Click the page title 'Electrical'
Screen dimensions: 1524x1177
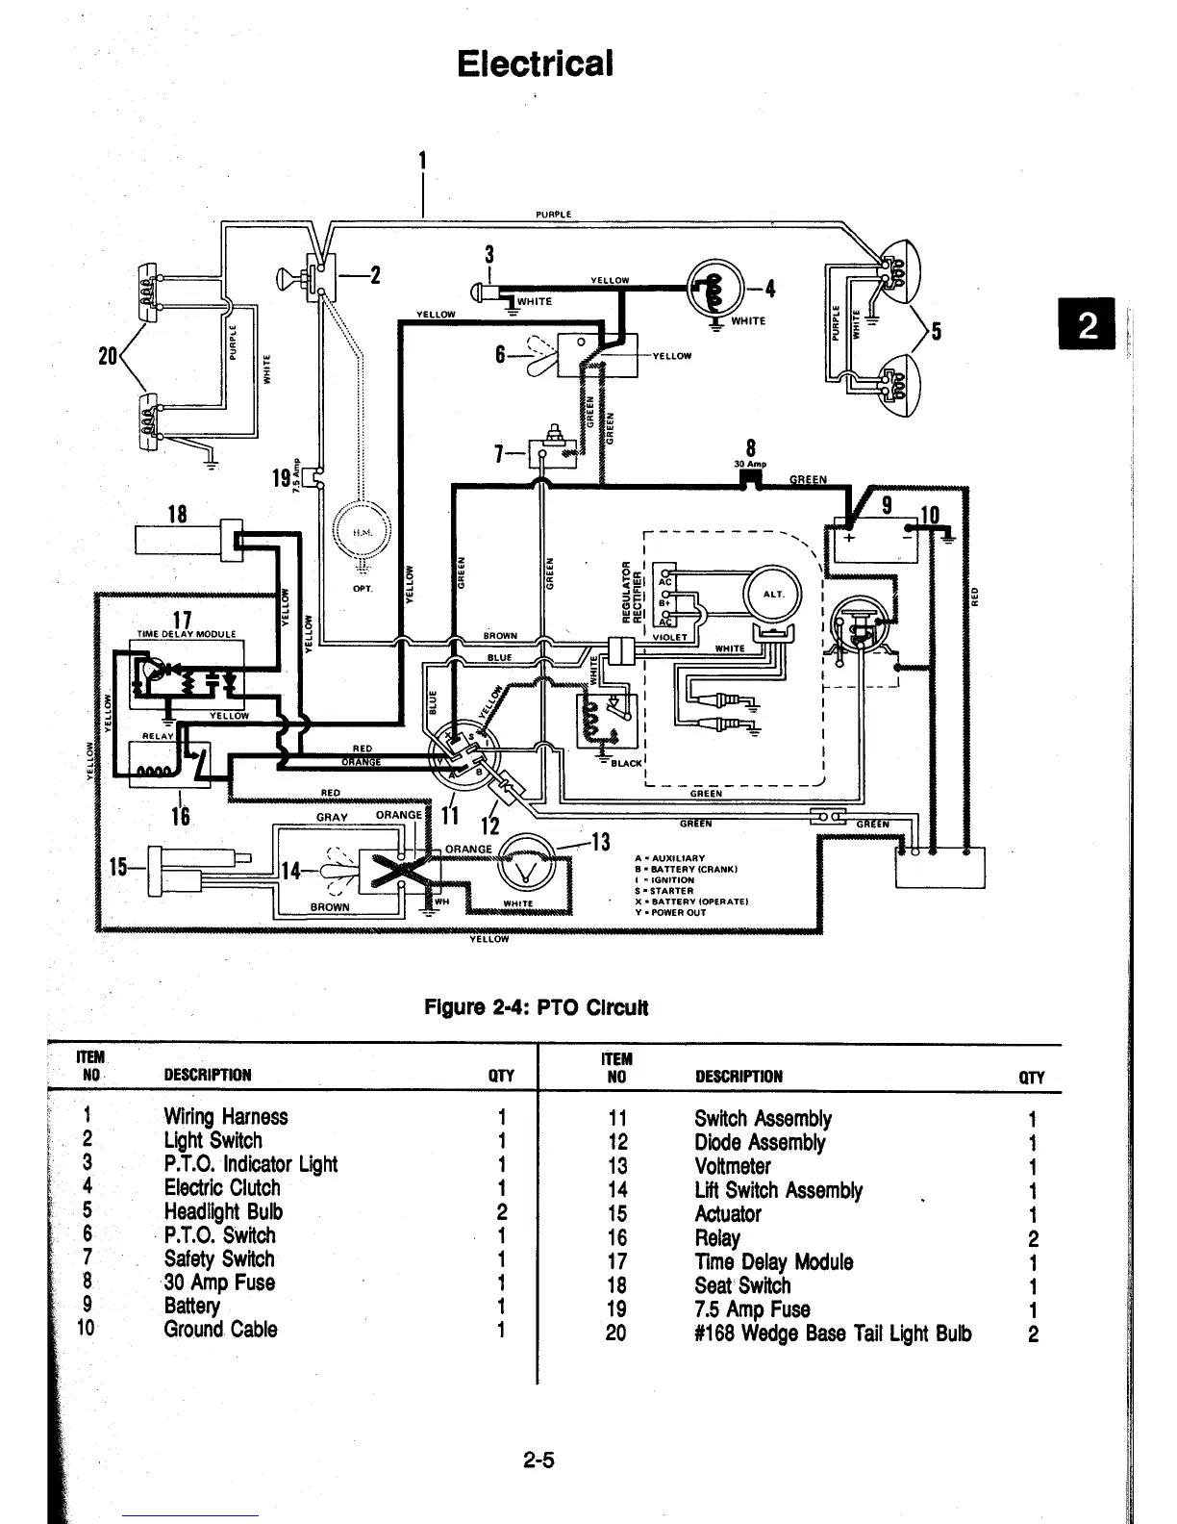(535, 63)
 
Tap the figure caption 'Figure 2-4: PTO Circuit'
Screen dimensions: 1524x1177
(537, 1007)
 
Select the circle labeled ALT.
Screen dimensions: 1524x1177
(773, 594)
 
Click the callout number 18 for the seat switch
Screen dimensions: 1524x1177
(176, 514)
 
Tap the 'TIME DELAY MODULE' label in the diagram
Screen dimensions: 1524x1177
(186, 634)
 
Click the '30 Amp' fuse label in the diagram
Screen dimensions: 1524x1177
(750, 464)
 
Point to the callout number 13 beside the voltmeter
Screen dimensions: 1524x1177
(600, 844)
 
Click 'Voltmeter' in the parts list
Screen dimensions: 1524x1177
(732, 1166)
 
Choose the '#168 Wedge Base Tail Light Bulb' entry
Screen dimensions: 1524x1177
(832, 1333)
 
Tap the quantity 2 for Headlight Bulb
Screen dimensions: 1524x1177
(502, 1212)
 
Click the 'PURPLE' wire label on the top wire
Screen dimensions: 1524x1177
(553, 215)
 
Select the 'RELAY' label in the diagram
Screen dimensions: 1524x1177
(158, 736)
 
